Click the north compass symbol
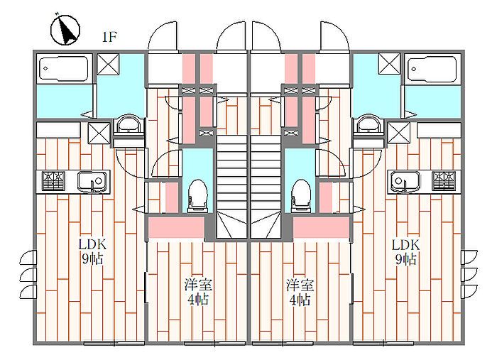(x=65, y=31)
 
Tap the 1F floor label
(x=109, y=37)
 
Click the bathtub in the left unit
(x=64, y=69)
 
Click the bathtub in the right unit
(x=432, y=69)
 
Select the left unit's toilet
(x=198, y=193)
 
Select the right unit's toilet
(x=300, y=193)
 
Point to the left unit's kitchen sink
(x=93, y=182)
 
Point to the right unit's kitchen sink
(x=404, y=182)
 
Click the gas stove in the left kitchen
(x=54, y=182)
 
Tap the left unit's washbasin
(x=129, y=126)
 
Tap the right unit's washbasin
(x=368, y=126)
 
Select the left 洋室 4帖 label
(x=198, y=293)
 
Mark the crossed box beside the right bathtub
(x=388, y=65)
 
